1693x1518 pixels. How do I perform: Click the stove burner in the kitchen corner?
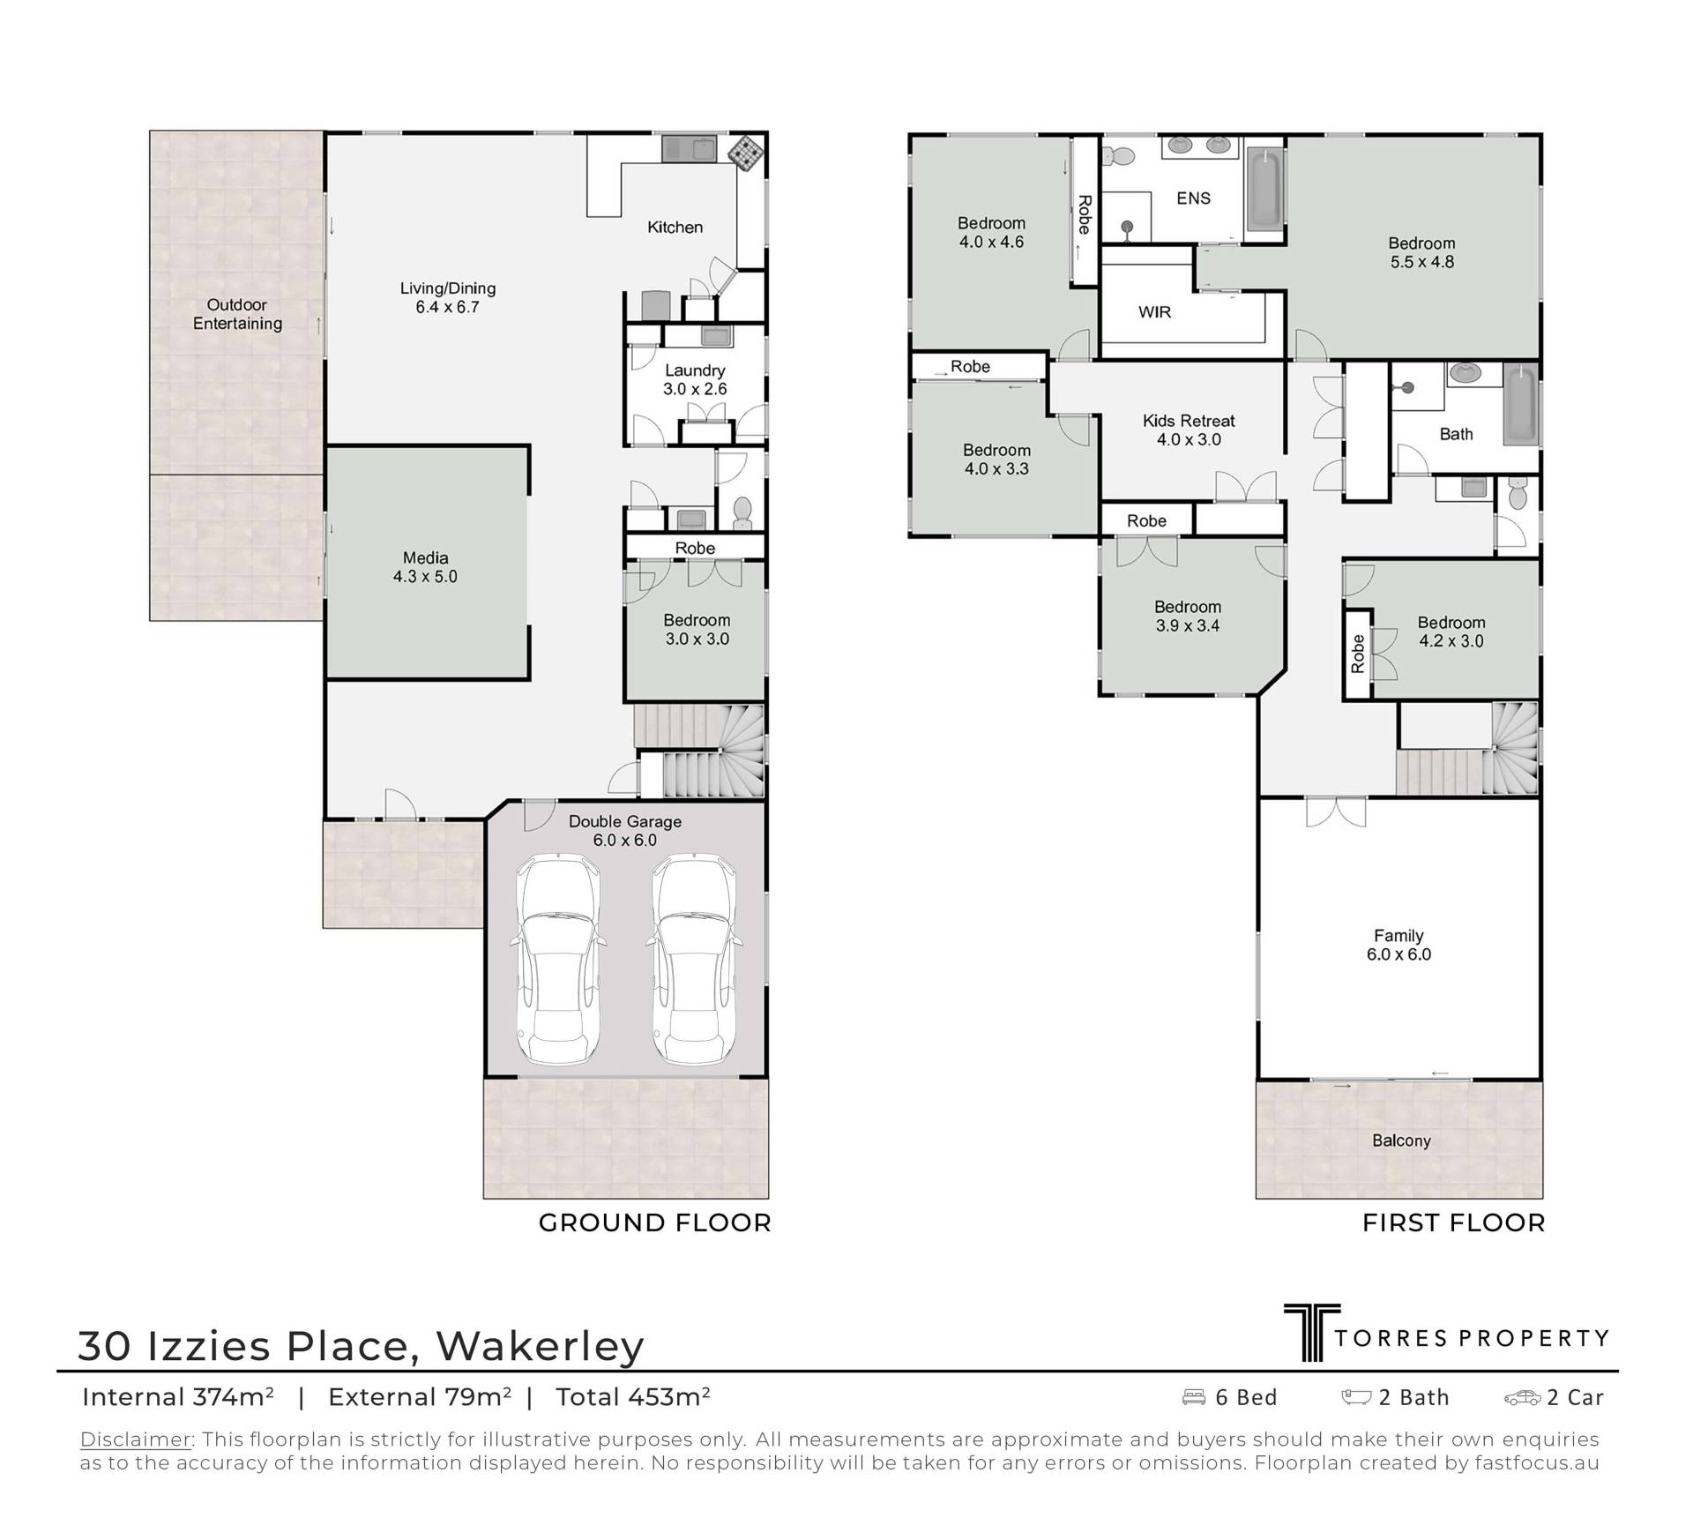point(745,151)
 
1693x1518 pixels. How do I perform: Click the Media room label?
point(426,567)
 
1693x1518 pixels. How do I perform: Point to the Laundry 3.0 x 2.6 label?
point(695,380)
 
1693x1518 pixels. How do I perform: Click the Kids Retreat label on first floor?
point(1189,430)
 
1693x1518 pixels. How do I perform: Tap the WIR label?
point(1154,312)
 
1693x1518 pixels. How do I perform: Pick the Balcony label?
point(1401,1140)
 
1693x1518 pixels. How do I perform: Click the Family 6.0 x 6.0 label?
point(1399,945)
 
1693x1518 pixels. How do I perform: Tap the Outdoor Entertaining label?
point(238,314)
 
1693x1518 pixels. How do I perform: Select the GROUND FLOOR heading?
point(655,1223)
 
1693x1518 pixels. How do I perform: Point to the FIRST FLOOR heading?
point(1454,1223)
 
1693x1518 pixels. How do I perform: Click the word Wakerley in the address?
point(541,1346)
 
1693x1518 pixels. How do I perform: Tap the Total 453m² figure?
point(633,1397)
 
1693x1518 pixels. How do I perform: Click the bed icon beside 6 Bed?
point(1194,1397)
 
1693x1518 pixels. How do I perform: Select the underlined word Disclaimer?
point(136,1439)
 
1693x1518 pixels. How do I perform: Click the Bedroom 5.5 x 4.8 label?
point(1422,252)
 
